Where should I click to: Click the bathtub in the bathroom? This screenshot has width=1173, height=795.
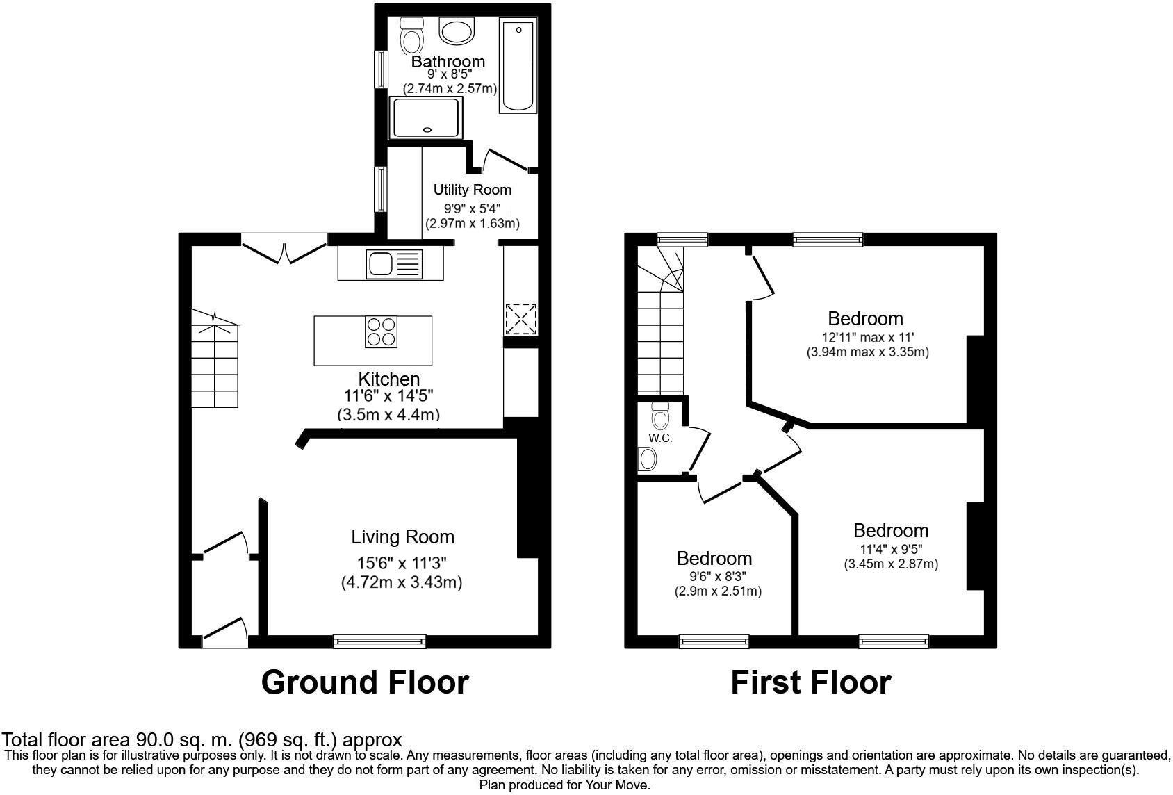518,66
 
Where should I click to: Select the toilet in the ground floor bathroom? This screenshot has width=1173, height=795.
412,35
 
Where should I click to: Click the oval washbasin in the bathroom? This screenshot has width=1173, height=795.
457,31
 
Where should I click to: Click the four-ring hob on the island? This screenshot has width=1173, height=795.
382,331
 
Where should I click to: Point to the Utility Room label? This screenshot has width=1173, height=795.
472,190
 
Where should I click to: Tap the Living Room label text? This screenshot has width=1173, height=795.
402,537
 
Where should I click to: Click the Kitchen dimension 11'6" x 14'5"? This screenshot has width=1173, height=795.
388,397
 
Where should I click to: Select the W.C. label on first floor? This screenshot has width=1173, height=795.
659,439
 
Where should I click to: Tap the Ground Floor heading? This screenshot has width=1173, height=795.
365,682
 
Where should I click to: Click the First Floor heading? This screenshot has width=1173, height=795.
810,682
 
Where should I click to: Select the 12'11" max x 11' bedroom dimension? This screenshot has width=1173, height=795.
867,338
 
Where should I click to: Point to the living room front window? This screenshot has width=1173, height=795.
379,641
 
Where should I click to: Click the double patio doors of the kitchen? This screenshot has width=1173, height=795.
284,248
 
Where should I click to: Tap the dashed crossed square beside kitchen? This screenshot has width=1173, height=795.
521,319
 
